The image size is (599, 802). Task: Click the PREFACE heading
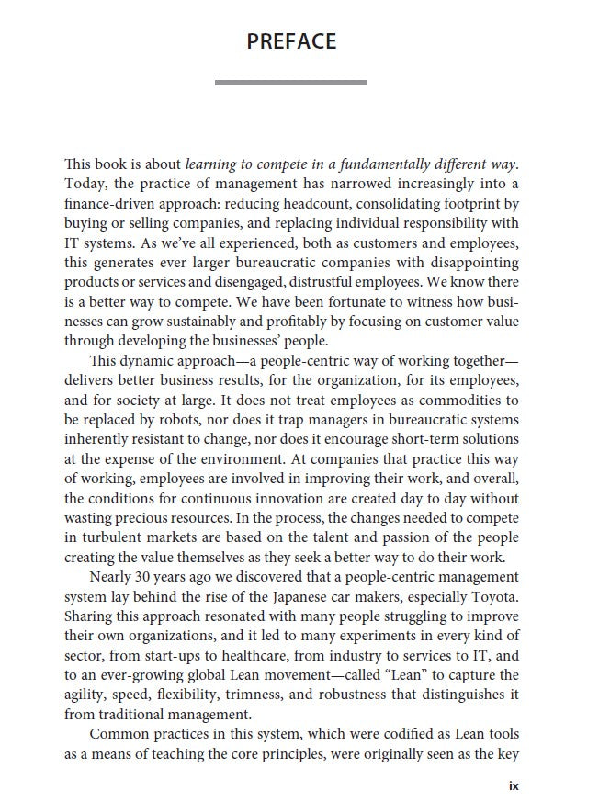click(x=291, y=41)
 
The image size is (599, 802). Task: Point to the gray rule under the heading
click(x=291, y=83)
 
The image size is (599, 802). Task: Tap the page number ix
click(x=514, y=785)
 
